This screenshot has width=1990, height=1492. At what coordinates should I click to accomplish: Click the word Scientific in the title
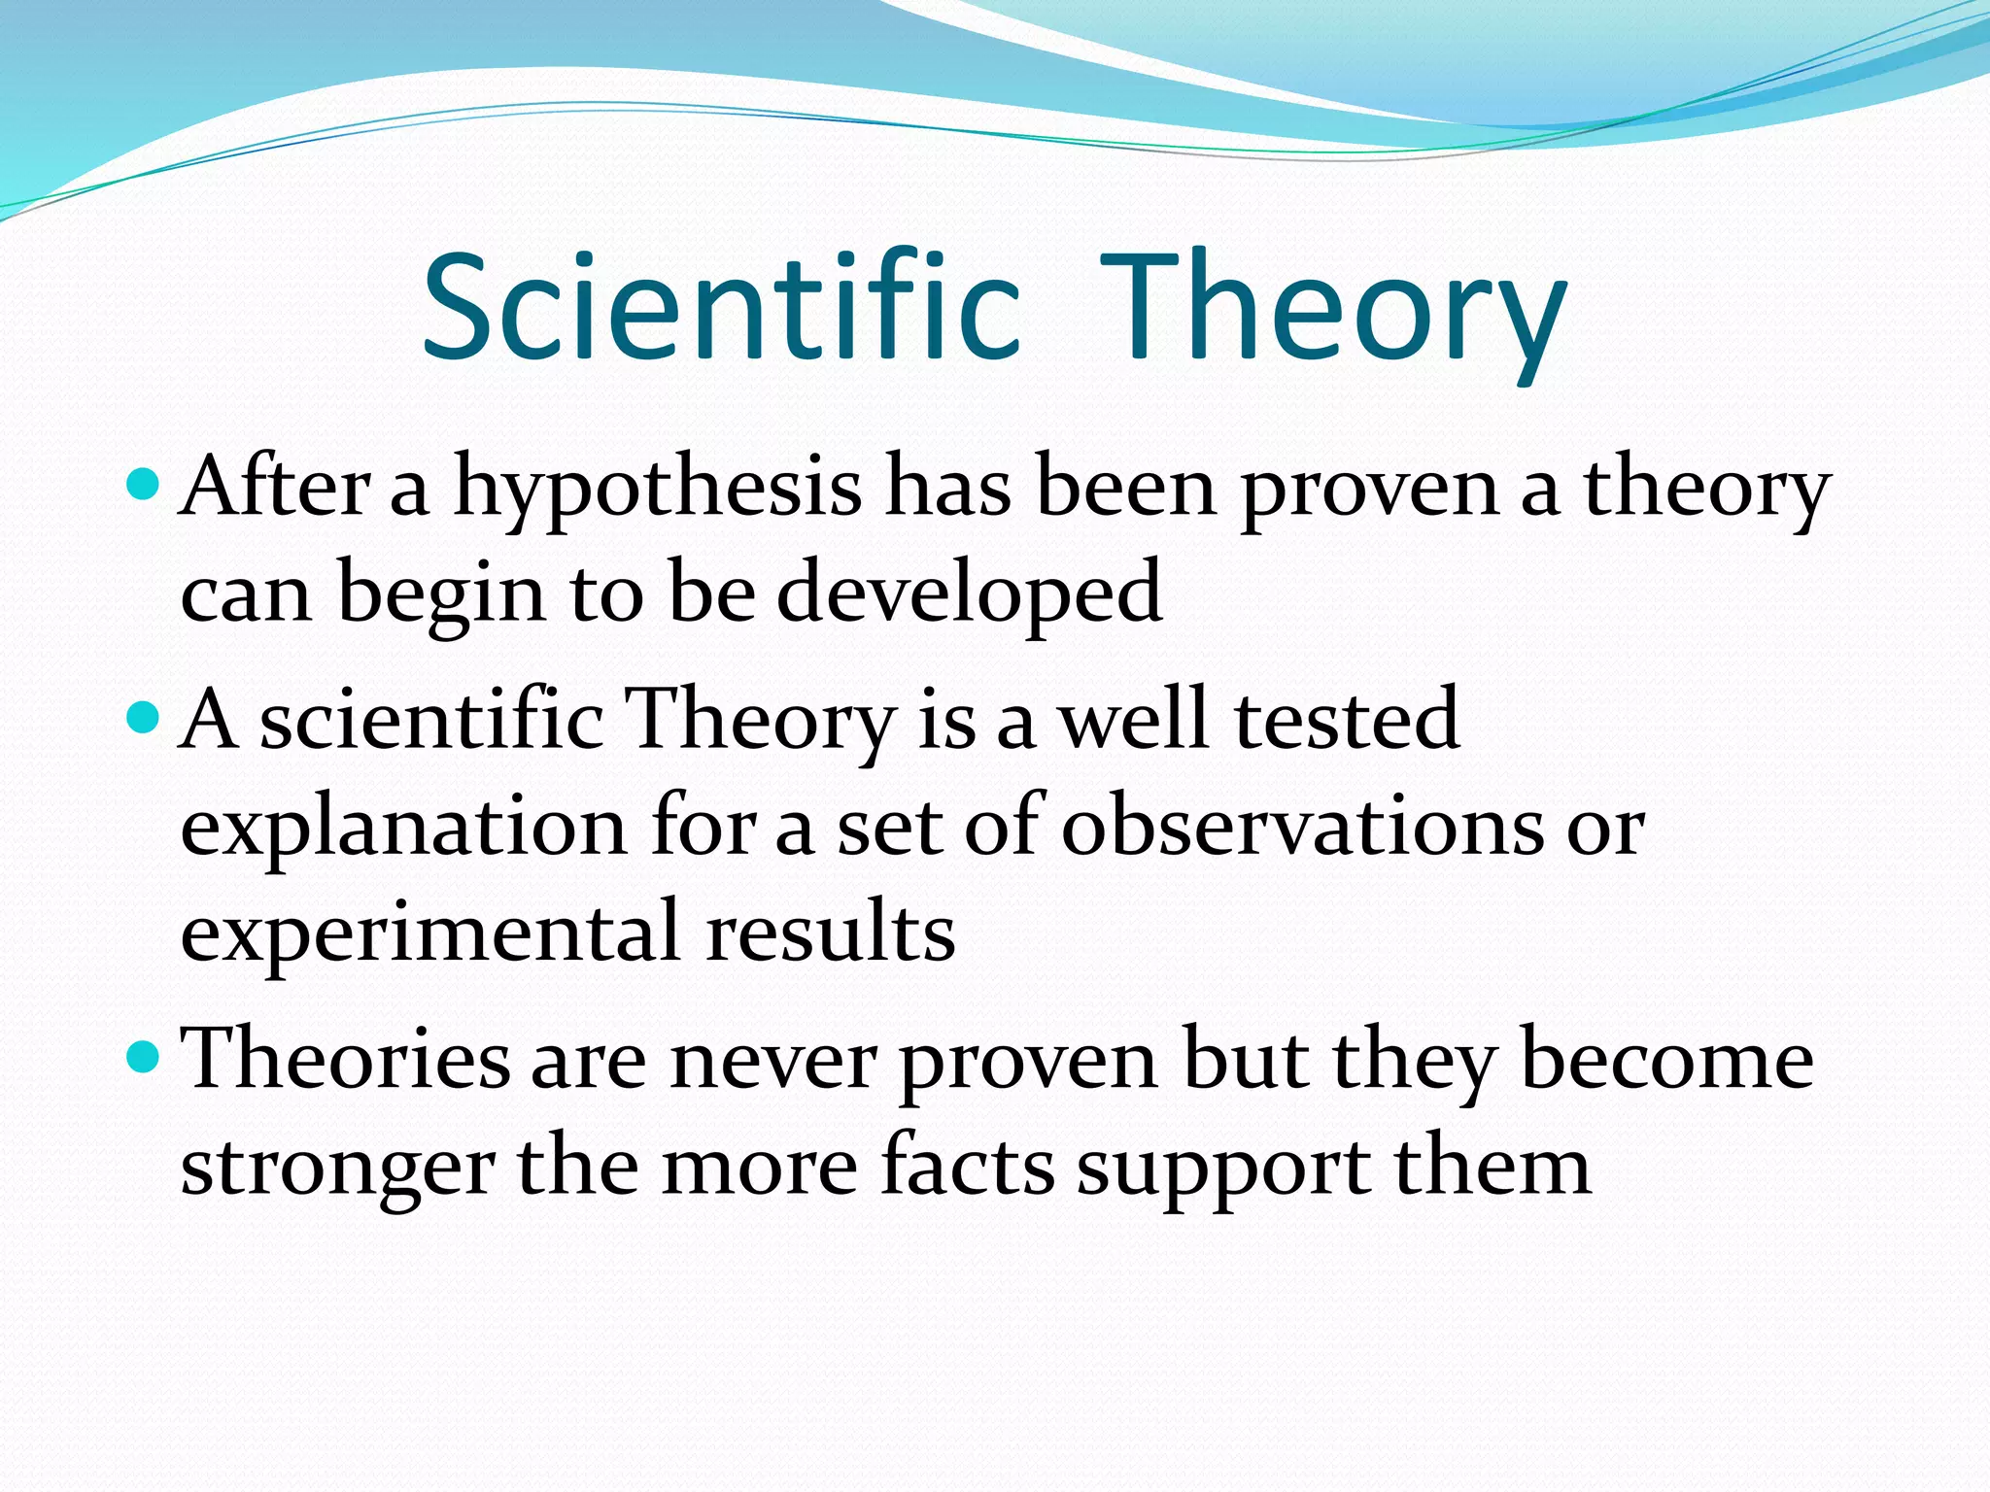pos(721,306)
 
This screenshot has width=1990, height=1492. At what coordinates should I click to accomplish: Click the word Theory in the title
pos(1333,306)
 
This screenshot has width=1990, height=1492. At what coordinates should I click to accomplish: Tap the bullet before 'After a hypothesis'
pos(143,482)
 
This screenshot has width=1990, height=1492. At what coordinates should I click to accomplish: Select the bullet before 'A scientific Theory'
pos(143,717)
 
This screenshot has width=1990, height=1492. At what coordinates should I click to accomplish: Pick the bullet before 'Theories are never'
pos(143,1057)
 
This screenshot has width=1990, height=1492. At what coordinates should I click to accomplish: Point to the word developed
pos(969,594)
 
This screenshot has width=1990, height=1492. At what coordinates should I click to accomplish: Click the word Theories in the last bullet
pos(346,1061)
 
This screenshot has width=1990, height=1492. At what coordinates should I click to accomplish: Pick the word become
pos(1666,1061)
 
